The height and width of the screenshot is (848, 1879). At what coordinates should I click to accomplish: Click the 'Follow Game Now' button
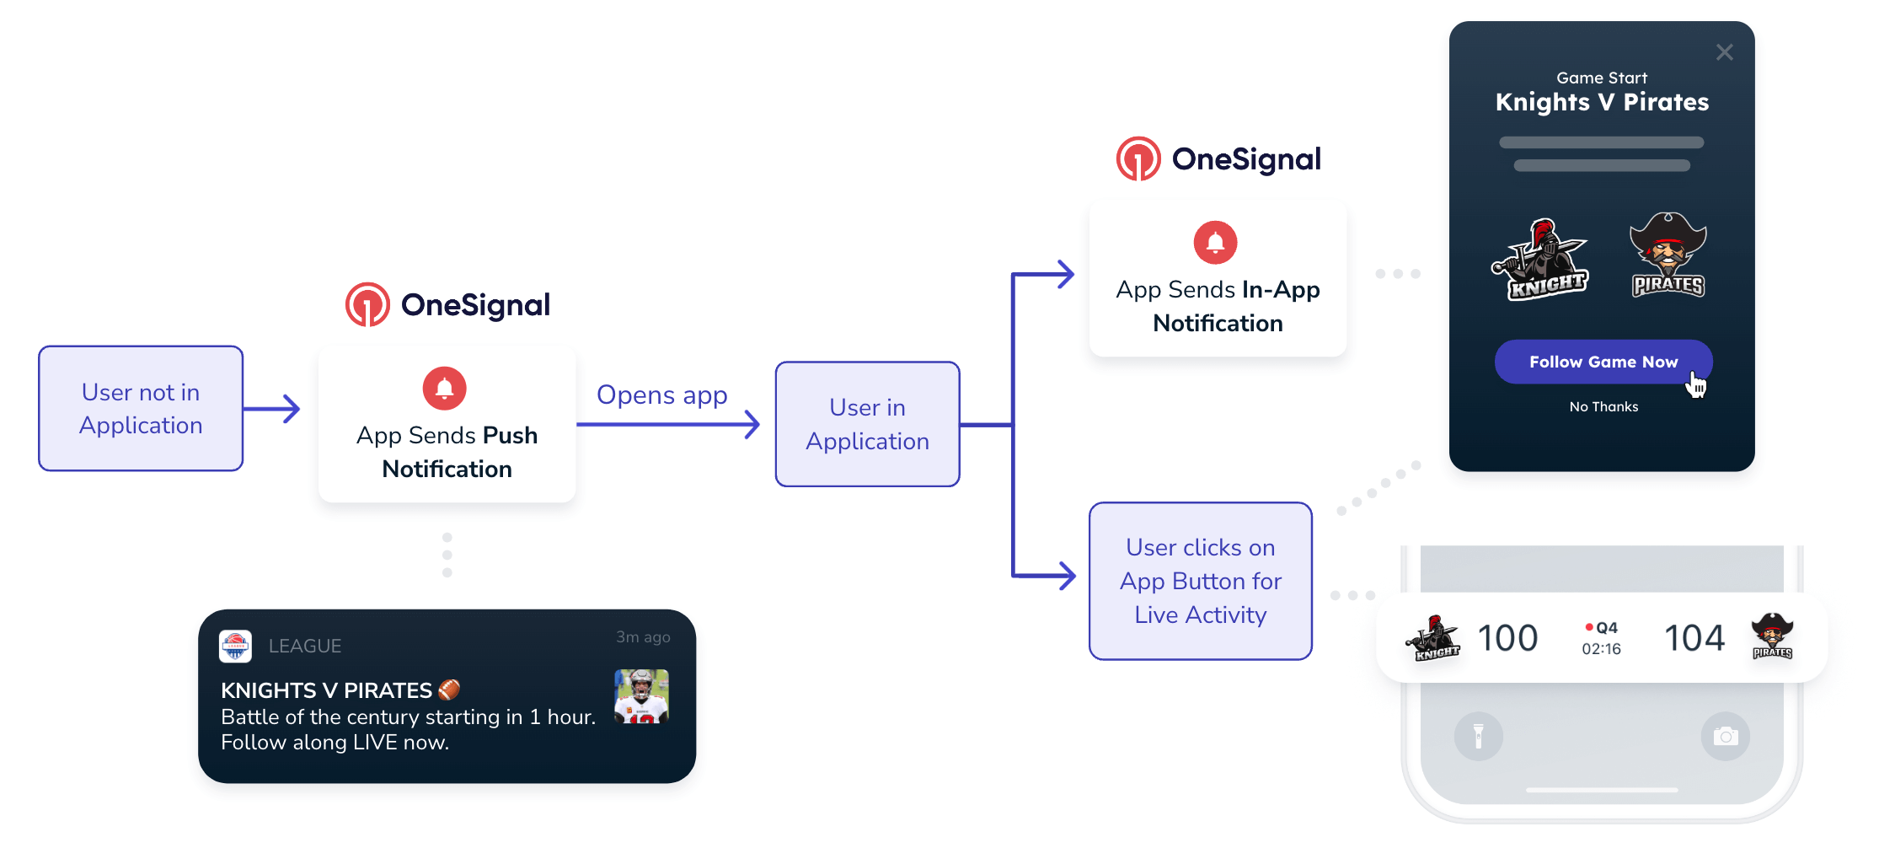click(1602, 362)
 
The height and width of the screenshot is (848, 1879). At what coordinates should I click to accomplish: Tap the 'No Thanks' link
click(1603, 406)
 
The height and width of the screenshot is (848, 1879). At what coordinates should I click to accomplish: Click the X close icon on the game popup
click(1724, 52)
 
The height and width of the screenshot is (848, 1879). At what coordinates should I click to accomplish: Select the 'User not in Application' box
click(141, 408)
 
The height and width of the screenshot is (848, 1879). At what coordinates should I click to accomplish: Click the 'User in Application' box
click(867, 424)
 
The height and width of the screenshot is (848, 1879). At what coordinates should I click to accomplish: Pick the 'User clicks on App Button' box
click(1200, 581)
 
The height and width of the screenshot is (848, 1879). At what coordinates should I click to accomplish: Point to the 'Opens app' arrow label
click(661, 394)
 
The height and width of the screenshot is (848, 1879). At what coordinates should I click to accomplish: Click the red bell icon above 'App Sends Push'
click(444, 389)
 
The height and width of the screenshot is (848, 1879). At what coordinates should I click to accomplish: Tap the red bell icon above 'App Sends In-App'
click(1215, 243)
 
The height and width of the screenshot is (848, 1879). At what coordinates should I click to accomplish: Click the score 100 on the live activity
click(1507, 638)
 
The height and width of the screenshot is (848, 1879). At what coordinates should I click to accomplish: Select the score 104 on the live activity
click(1694, 638)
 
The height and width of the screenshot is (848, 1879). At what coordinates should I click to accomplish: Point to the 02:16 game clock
click(1601, 648)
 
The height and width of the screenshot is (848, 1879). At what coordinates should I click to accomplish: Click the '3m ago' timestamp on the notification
click(643, 637)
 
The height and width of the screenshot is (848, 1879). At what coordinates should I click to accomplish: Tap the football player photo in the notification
click(641, 696)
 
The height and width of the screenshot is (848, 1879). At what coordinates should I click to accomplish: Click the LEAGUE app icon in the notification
click(235, 646)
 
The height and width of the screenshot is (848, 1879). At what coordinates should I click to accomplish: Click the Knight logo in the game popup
click(1540, 260)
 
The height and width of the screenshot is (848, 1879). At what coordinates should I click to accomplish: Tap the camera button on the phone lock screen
click(1725, 737)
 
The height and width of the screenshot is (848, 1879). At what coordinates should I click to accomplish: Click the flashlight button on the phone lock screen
click(1478, 737)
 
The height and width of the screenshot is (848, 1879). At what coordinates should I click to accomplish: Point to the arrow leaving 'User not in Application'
click(272, 409)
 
